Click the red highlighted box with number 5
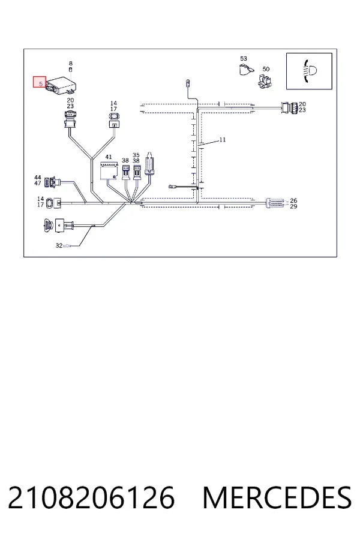pos(40,82)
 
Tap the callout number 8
pos(71,64)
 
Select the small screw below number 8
pos(71,70)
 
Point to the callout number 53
pos(244,59)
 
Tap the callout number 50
pos(266,69)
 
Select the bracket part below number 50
pos(265,81)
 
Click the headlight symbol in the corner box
pos(310,71)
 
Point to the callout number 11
pos(223,139)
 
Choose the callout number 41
pos(109,157)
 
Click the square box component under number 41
pos(108,170)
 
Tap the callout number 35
pos(136,155)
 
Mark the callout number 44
pos(38,178)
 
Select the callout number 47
pos(38,183)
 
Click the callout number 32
pos(59,245)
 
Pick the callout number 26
pos(293,200)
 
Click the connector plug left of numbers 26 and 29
pos(275,203)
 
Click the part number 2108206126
pos(91,497)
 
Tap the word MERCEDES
pos(277,497)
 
